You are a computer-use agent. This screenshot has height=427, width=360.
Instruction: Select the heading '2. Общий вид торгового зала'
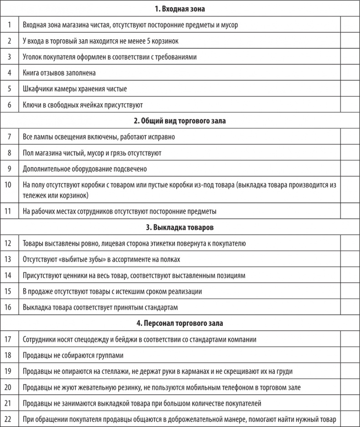click(180, 121)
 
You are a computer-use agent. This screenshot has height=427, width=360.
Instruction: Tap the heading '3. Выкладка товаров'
click(180, 227)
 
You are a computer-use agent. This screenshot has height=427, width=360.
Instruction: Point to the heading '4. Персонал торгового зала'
click(180, 323)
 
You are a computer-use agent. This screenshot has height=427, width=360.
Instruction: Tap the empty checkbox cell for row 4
click(350, 73)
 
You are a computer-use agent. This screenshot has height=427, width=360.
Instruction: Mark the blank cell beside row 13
click(350, 259)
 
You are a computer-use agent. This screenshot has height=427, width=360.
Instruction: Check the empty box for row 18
click(350, 356)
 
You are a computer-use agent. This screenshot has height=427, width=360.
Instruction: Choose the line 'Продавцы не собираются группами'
click(73, 356)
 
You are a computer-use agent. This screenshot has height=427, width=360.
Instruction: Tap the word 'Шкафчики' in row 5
click(37, 89)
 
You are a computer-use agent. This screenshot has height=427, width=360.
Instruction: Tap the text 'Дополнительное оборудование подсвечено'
click(85, 169)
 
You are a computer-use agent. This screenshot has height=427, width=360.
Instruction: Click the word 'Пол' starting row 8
click(28, 153)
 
